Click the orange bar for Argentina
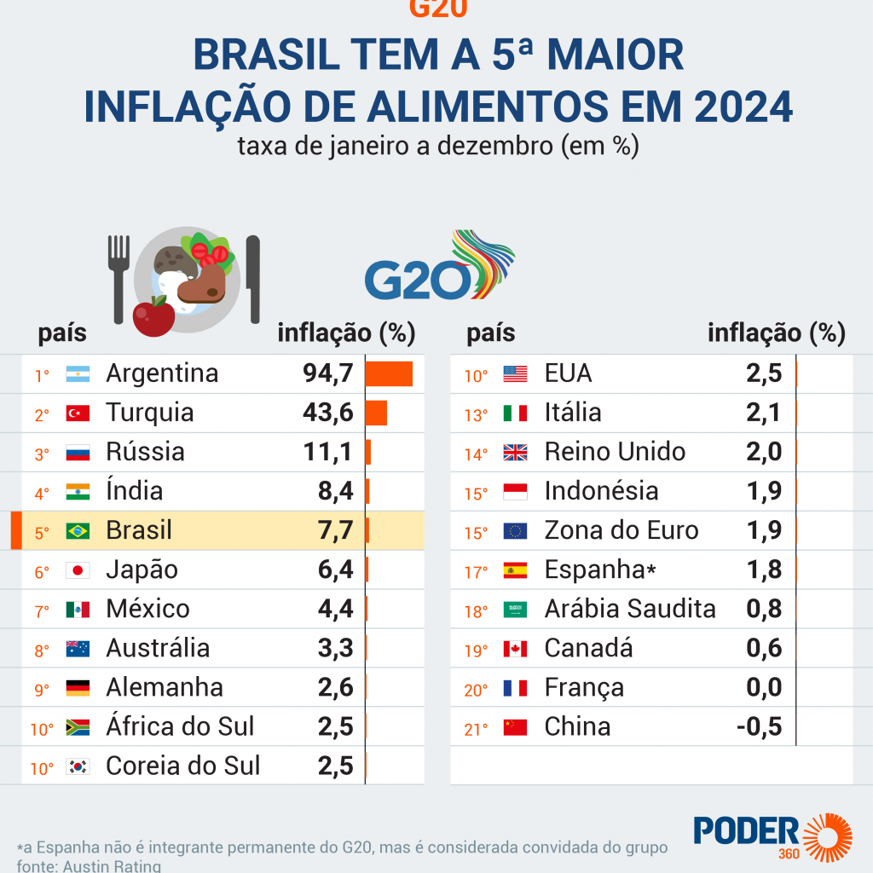(x=389, y=373)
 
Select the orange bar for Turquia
(x=376, y=413)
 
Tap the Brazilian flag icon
(x=78, y=531)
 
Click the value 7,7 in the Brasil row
(x=335, y=530)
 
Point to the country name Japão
(x=142, y=569)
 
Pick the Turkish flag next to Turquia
(x=78, y=413)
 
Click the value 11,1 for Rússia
(x=328, y=452)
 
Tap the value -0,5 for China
(x=760, y=726)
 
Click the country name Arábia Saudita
(x=630, y=609)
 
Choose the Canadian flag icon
(x=515, y=649)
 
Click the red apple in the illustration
(x=153, y=316)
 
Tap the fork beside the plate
(x=119, y=271)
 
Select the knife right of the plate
(x=252, y=278)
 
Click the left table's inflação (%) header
(x=346, y=333)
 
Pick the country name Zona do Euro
(x=622, y=530)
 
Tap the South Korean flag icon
(x=78, y=766)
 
